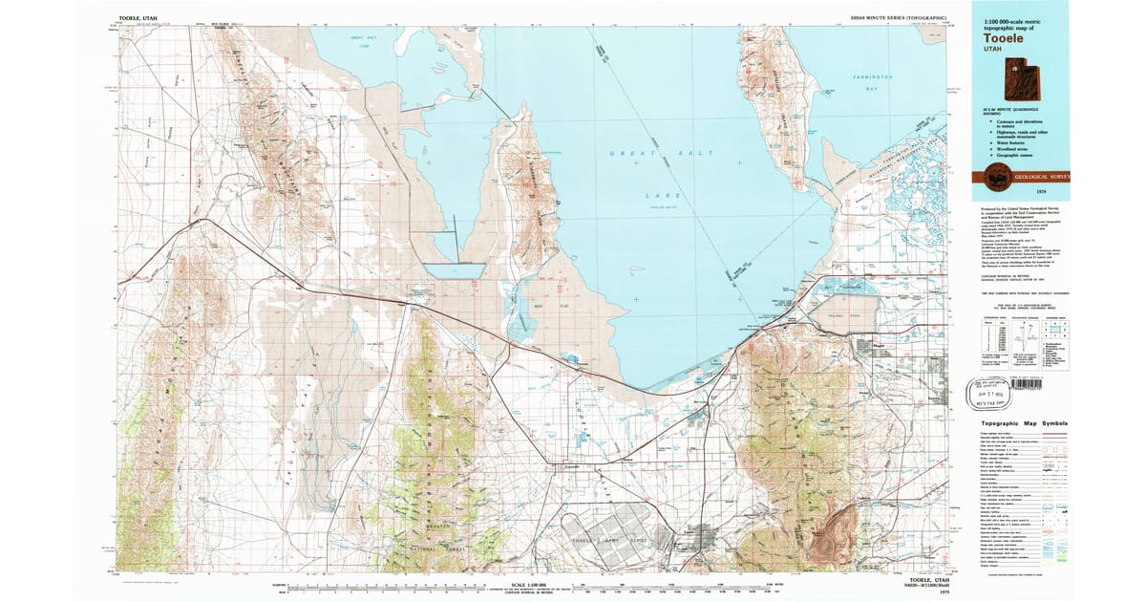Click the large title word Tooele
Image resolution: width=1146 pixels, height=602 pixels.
point(1005,40)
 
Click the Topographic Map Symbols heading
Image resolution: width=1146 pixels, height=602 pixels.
point(1017,423)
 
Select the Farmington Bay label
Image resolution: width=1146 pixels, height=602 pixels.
point(873,82)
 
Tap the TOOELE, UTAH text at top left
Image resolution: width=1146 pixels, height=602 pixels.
point(138,18)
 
